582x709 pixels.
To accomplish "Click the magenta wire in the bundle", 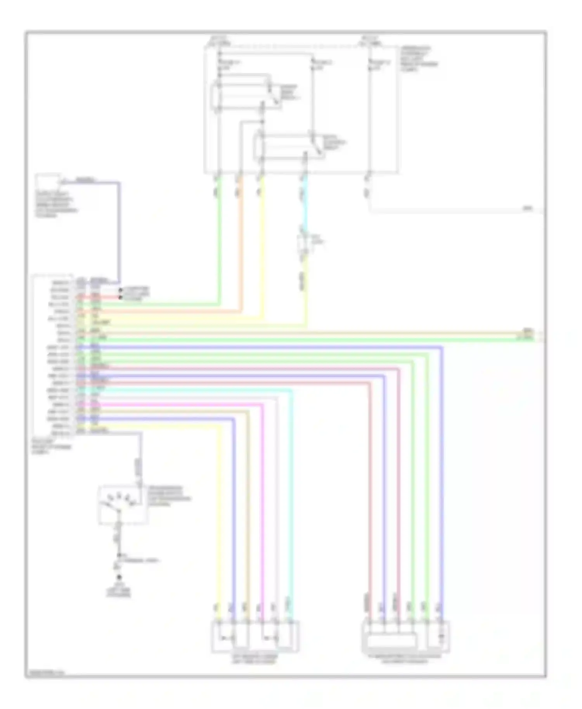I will click(x=262, y=504).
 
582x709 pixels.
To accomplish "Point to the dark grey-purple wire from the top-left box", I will click(x=119, y=233).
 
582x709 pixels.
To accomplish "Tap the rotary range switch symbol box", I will click(x=123, y=504).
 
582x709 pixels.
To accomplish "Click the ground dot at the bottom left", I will click(x=119, y=577).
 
